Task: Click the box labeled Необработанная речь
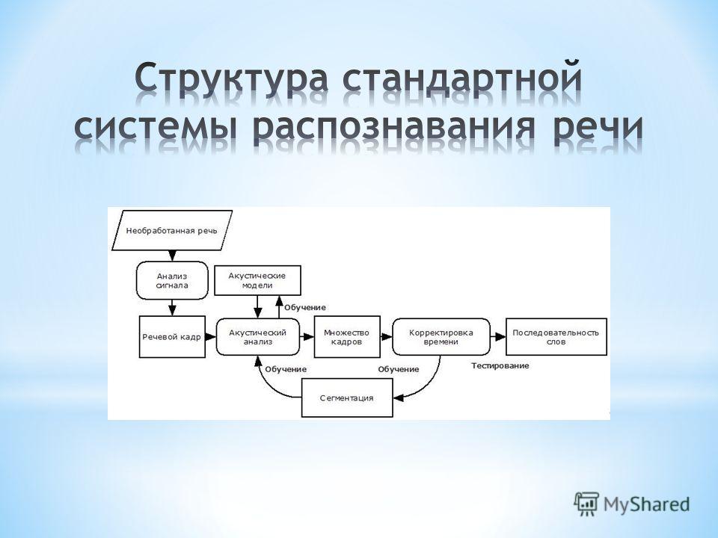tap(172, 231)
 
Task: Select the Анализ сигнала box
tap(172, 280)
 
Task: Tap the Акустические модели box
tap(258, 280)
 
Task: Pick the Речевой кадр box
tap(172, 337)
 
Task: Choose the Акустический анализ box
tap(258, 337)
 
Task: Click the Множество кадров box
tap(347, 337)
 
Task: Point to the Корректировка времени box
tap(441, 337)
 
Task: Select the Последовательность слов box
tap(556, 337)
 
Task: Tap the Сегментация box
tap(347, 398)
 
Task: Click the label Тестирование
tap(500, 365)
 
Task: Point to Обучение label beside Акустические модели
tap(305, 307)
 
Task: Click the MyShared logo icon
tap(586, 504)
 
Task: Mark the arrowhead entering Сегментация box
tap(399, 398)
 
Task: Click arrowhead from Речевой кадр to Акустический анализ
tap(211, 337)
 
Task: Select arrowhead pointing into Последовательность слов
tap(500, 337)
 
